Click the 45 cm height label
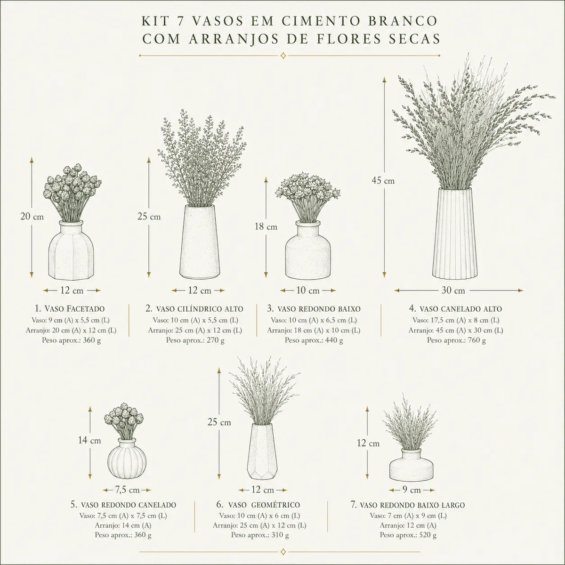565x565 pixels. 383,181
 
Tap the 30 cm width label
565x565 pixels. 453,291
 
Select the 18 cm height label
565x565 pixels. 266,226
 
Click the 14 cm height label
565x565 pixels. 89,440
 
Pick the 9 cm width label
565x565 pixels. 412,490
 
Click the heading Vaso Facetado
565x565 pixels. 70,308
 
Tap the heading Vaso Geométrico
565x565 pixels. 258,505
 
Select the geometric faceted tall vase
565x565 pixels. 262,451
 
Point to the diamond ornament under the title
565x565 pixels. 283,56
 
